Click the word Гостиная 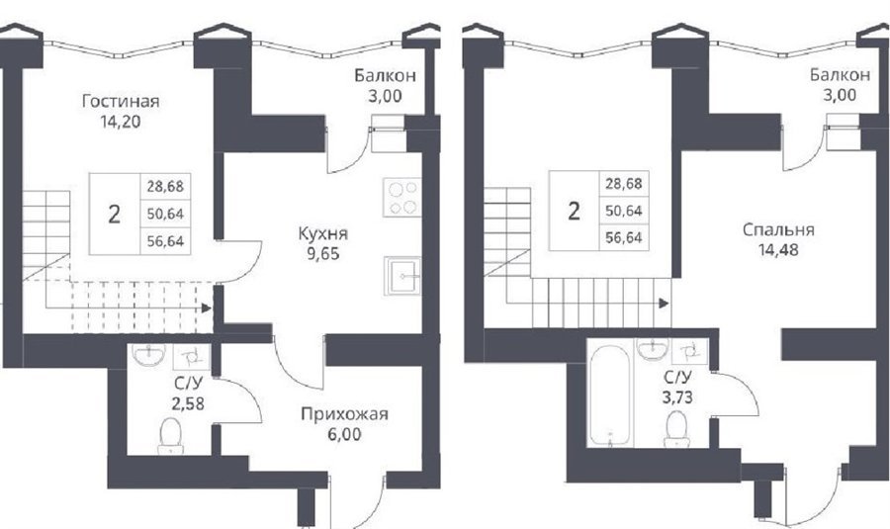121,102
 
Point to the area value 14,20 121,122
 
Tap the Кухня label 323,234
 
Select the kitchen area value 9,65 323,254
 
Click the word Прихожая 344,414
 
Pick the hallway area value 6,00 344,435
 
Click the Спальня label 778,229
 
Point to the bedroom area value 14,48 778,250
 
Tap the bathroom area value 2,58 187,403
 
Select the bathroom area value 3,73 677,397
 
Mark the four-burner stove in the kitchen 401,197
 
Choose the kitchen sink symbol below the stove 401,276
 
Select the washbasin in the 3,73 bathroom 654,349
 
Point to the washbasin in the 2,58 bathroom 148,355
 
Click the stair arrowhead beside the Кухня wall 207,308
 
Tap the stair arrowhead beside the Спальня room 664,304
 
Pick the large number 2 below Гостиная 114,215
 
